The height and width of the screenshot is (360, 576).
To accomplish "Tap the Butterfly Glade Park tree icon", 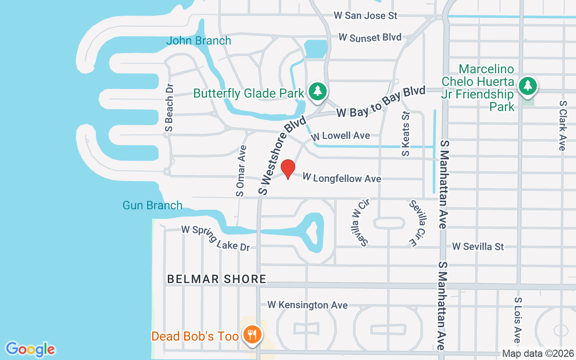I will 318,90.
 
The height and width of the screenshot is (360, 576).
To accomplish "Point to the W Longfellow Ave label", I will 342,178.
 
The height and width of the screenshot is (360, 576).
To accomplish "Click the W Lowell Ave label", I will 341,135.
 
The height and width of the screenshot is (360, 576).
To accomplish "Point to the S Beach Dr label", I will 169,108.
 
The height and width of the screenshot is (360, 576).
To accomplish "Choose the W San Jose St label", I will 366,16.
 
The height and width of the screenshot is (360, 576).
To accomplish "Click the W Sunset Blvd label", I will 370,37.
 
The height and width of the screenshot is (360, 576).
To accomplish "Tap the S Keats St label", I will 406,134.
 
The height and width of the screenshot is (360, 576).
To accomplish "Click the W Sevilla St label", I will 478,247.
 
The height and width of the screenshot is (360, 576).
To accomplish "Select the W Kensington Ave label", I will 307,305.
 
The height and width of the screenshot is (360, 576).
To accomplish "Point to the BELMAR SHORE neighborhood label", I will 217,279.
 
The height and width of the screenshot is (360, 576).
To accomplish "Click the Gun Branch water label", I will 153,206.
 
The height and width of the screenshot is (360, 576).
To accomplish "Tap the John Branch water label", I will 198,41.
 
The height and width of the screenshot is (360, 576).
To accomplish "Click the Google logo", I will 31,349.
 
